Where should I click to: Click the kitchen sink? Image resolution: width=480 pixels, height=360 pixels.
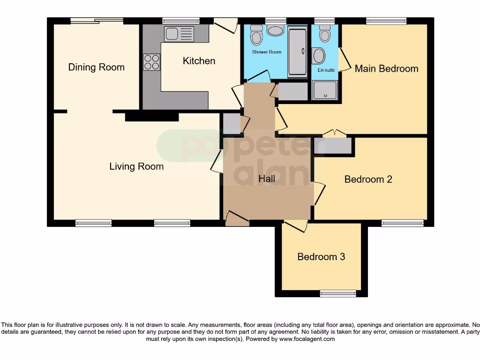tap(179, 33)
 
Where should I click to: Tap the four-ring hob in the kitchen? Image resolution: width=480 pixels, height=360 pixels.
tap(151, 62)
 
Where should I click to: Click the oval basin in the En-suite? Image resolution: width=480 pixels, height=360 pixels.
tap(319, 56)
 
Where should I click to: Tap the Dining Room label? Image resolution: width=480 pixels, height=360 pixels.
tap(97, 67)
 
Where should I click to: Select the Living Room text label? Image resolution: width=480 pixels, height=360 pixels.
tap(136, 166)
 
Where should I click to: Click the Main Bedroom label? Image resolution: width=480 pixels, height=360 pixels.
tap(386, 68)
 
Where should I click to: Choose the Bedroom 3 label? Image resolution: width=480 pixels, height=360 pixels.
tap(321, 257)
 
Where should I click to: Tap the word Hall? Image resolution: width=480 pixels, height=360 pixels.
tap(267, 179)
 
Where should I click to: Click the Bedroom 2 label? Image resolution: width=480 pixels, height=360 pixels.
tap(368, 179)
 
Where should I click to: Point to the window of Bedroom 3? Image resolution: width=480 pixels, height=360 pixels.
tap(337, 293)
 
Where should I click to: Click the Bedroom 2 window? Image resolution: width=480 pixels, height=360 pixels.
tap(402, 223)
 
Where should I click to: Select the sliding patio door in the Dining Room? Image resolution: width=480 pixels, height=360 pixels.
tap(97, 21)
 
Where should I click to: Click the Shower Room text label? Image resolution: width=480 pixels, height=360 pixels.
tap(267, 52)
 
